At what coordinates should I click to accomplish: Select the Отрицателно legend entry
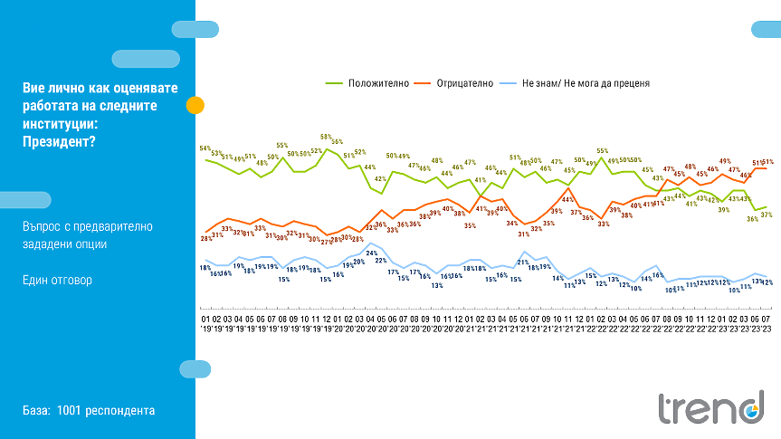464,83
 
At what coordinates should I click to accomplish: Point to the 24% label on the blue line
371,253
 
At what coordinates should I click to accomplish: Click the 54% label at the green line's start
205,148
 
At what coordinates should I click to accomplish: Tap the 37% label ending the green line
767,215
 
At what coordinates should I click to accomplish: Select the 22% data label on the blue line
381,261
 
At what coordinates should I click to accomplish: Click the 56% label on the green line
337,142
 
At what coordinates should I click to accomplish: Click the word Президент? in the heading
57,140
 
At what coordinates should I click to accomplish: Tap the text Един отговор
57,281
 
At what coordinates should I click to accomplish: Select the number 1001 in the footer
70,411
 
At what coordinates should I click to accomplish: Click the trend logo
710,407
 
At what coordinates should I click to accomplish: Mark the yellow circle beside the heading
195,105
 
